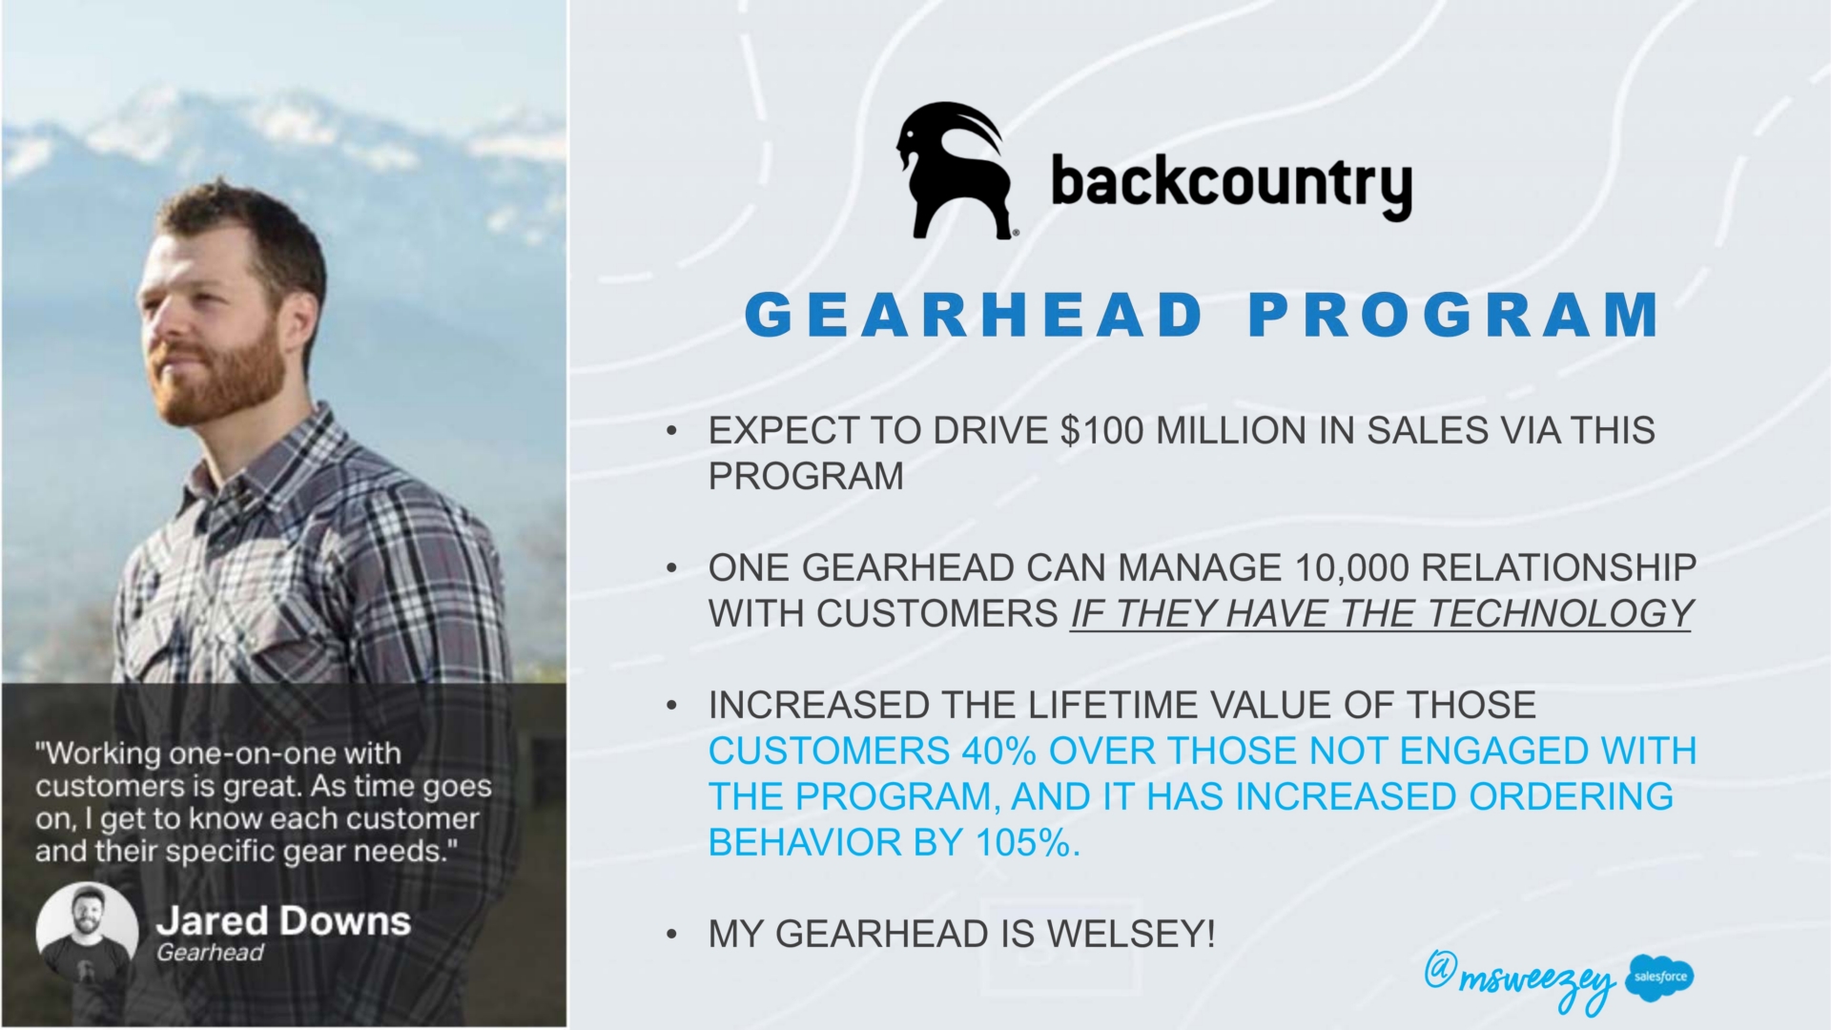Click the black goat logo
click(954, 170)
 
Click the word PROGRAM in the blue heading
click(1454, 315)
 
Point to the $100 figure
click(1101, 431)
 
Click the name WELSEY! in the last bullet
click(1131, 934)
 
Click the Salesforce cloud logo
click(1660, 978)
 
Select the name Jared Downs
click(283, 921)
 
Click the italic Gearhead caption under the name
click(210, 953)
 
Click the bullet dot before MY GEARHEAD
click(672, 935)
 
